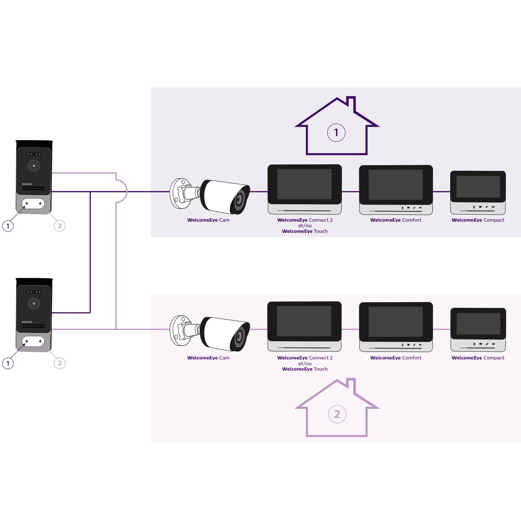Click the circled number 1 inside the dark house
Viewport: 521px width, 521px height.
(336, 133)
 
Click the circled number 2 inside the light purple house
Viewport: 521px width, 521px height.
(337, 414)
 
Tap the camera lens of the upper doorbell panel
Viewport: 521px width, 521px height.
(34, 166)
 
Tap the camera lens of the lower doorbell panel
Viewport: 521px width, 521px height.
(34, 303)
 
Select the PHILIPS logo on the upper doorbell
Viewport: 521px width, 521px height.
(27, 184)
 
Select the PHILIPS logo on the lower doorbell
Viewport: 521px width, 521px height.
(27, 322)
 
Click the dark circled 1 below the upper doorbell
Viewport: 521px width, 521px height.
(8, 226)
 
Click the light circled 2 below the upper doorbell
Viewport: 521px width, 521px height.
(60, 226)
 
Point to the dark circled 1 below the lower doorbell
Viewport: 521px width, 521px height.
(8, 363)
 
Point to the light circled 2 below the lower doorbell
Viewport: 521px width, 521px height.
(60, 363)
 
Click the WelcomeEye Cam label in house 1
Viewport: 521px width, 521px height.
(208, 220)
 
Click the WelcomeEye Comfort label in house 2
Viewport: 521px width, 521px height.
(396, 358)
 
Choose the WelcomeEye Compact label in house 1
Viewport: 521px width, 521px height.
(478, 220)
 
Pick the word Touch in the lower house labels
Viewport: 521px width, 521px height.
(321, 369)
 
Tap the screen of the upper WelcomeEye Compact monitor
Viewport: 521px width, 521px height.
(478, 187)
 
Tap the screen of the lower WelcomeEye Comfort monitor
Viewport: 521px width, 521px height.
(396, 321)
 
